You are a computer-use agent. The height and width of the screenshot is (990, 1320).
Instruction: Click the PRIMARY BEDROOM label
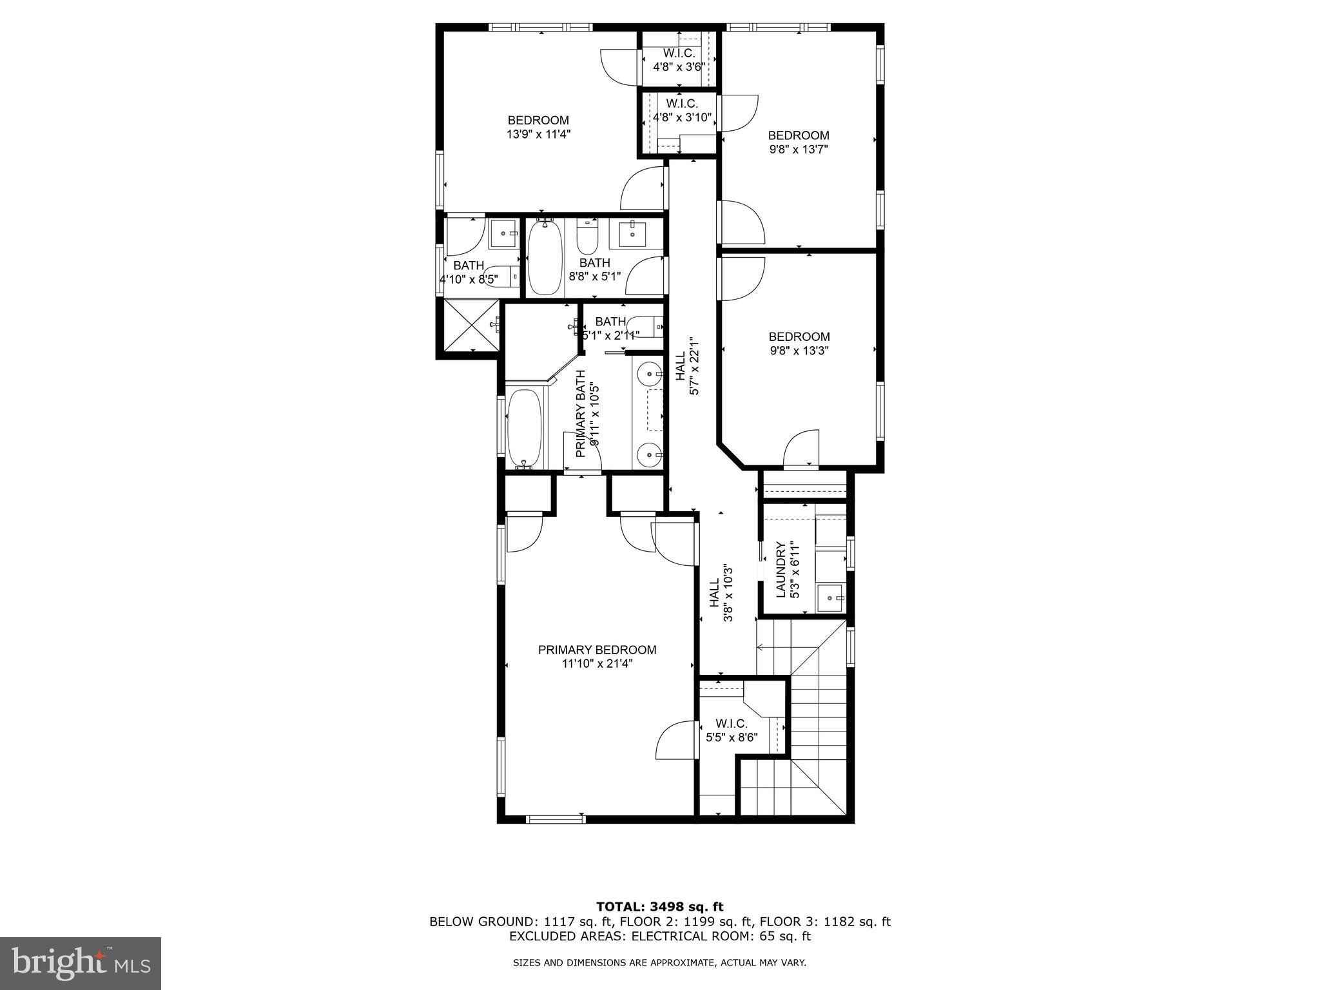tap(597, 650)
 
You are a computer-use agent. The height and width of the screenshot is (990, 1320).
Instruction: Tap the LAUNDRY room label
tap(781, 570)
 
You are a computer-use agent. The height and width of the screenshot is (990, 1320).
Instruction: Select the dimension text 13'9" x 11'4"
tap(538, 134)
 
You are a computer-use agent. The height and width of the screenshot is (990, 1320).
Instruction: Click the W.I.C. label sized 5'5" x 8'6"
tap(731, 724)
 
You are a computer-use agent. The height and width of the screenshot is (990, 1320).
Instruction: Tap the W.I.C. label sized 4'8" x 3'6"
tap(679, 53)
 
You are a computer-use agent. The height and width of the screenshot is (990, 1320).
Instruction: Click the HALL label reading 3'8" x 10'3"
tap(715, 592)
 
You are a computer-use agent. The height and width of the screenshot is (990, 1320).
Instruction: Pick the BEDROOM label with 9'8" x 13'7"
tap(798, 135)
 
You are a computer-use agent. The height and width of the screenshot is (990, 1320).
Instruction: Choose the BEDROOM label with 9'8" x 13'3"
tap(799, 336)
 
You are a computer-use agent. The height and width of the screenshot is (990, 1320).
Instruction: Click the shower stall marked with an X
tap(469, 327)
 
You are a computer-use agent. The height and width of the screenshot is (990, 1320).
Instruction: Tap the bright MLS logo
tap(81, 963)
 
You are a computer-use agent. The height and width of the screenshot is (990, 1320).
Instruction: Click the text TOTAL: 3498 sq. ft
tap(659, 907)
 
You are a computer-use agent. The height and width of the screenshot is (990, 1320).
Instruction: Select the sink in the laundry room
tap(830, 597)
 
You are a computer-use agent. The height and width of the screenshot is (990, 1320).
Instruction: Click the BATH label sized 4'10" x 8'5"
tap(469, 265)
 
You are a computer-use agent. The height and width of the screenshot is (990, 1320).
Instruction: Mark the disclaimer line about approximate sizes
tap(659, 963)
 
